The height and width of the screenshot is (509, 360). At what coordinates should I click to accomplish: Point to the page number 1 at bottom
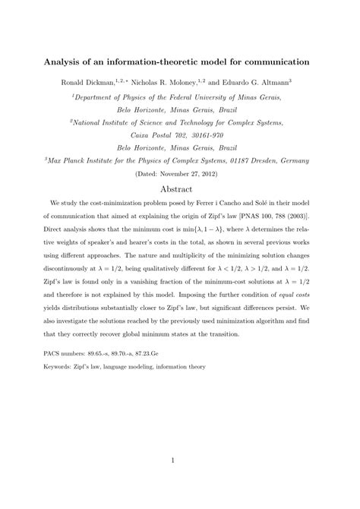(180, 460)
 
